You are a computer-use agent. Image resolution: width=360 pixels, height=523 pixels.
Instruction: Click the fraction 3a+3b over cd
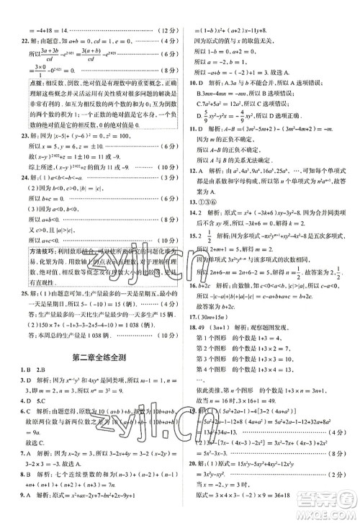[x=38, y=51]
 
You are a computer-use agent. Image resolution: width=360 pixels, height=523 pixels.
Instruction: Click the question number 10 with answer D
[x=194, y=81]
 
